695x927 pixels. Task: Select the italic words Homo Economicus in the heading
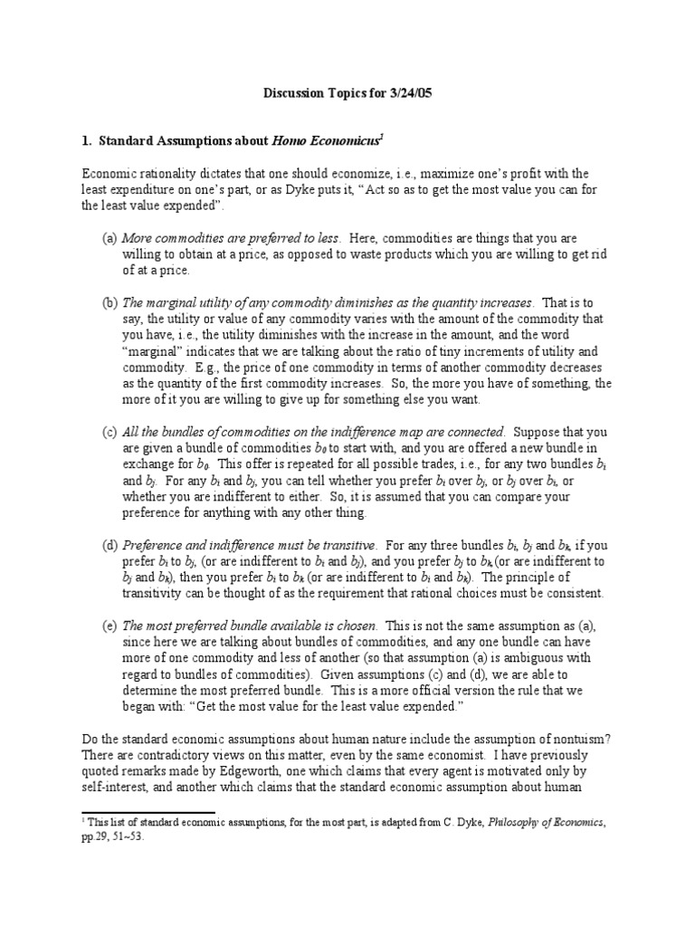[x=317, y=139]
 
